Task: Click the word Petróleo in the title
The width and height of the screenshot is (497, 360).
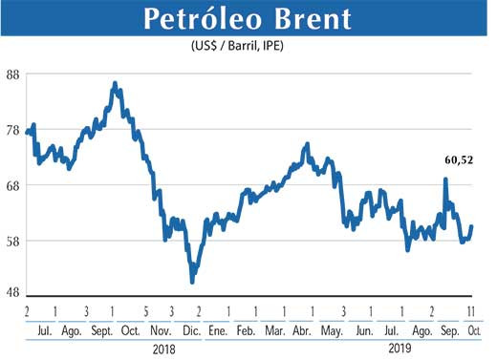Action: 197,18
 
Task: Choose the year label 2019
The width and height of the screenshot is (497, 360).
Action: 400,349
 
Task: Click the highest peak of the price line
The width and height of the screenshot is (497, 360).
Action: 115,84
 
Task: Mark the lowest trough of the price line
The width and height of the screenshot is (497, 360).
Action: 192,282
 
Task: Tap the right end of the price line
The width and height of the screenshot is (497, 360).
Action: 472,226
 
